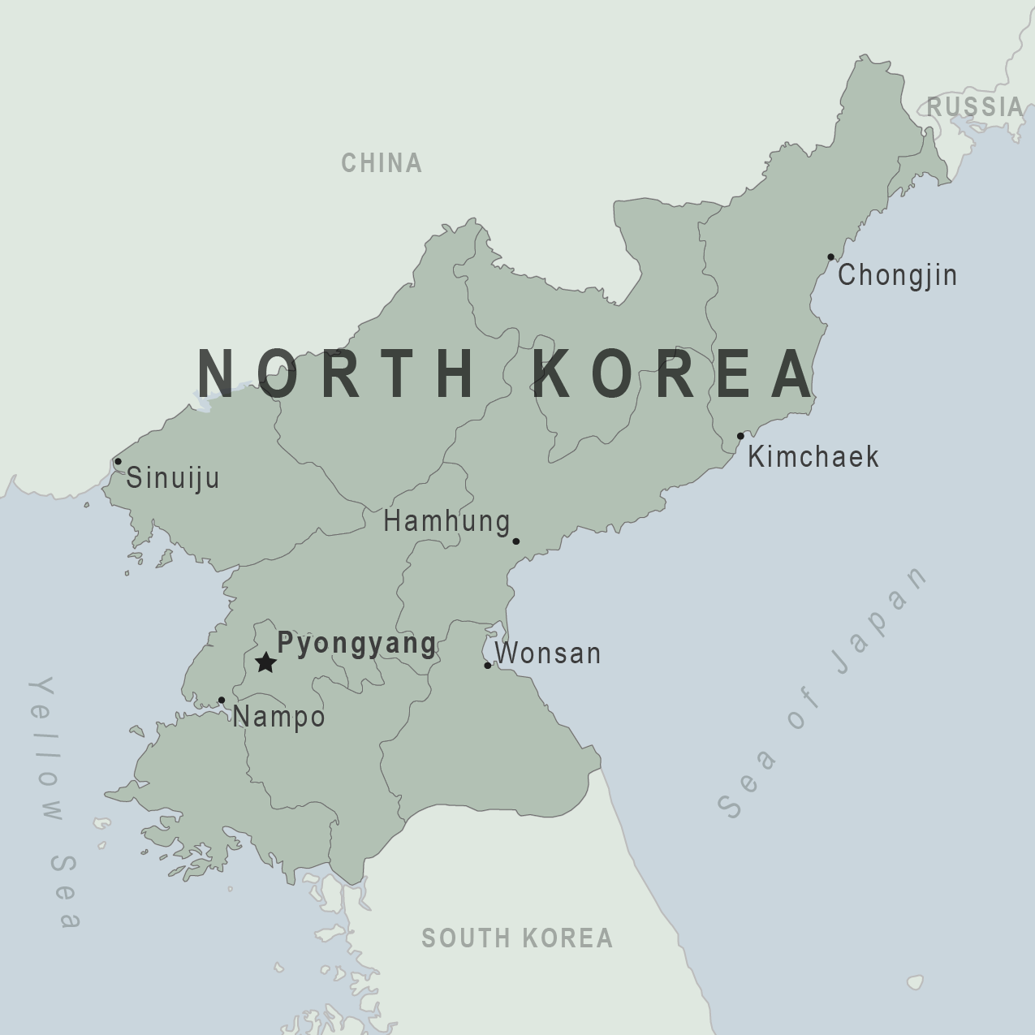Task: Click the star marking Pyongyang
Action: point(265,662)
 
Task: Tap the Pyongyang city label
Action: point(356,643)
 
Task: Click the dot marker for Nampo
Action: point(222,700)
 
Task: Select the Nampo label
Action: point(279,717)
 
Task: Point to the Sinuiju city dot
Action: point(118,461)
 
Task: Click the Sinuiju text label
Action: point(173,477)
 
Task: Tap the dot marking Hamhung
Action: point(515,541)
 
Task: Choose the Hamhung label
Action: point(446,521)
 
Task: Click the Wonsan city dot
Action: point(488,665)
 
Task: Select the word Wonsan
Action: point(548,653)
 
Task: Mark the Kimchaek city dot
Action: point(740,436)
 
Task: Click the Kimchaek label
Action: point(813,456)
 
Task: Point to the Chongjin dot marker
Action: point(830,257)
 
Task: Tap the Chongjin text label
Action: point(897,275)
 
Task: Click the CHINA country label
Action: point(382,163)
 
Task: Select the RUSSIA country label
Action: point(976,106)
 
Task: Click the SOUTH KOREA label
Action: point(517,938)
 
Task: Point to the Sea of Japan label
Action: point(822,692)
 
